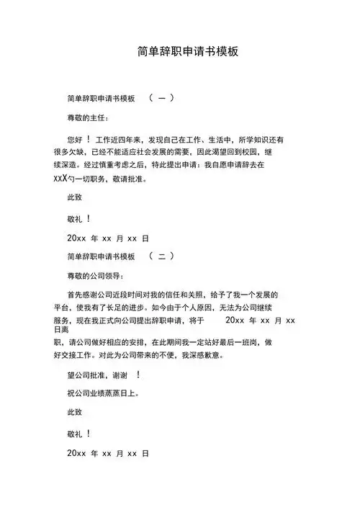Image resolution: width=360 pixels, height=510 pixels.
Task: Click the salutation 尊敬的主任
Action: pyautogui.click(x=88, y=117)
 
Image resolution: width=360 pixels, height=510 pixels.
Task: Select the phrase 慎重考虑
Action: pyautogui.click(x=127, y=166)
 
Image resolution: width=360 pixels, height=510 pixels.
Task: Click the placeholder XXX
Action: pyautogui.click(x=60, y=179)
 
